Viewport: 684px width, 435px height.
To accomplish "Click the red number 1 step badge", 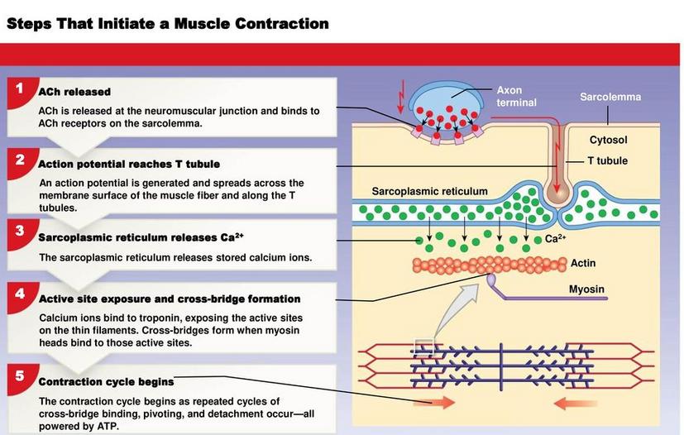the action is [x=21, y=92].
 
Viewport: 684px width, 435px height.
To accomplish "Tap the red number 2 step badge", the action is [x=21, y=162].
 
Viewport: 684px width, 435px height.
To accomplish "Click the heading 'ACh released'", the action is [x=74, y=92].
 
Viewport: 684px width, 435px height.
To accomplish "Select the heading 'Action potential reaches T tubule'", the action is [x=129, y=165].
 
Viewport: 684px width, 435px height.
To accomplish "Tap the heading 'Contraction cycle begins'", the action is [x=107, y=382].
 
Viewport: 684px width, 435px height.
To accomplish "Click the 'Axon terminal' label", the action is [x=516, y=97].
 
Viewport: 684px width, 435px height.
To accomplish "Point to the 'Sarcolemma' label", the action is [x=610, y=97].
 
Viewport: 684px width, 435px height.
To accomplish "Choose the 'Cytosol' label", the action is [x=608, y=140].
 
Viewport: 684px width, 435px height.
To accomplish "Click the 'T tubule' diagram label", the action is [x=608, y=161].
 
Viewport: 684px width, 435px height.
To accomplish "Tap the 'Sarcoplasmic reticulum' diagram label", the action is [x=430, y=192].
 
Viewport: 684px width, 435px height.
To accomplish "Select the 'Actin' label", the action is [x=583, y=263].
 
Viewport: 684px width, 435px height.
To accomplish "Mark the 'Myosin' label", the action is [x=586, y=289].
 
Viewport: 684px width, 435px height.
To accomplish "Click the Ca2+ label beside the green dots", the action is [x=555, y=239].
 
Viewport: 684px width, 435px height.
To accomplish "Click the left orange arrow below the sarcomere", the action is [x=434, y=403].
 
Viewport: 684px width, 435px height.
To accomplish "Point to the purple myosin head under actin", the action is [x=491, y=280].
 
